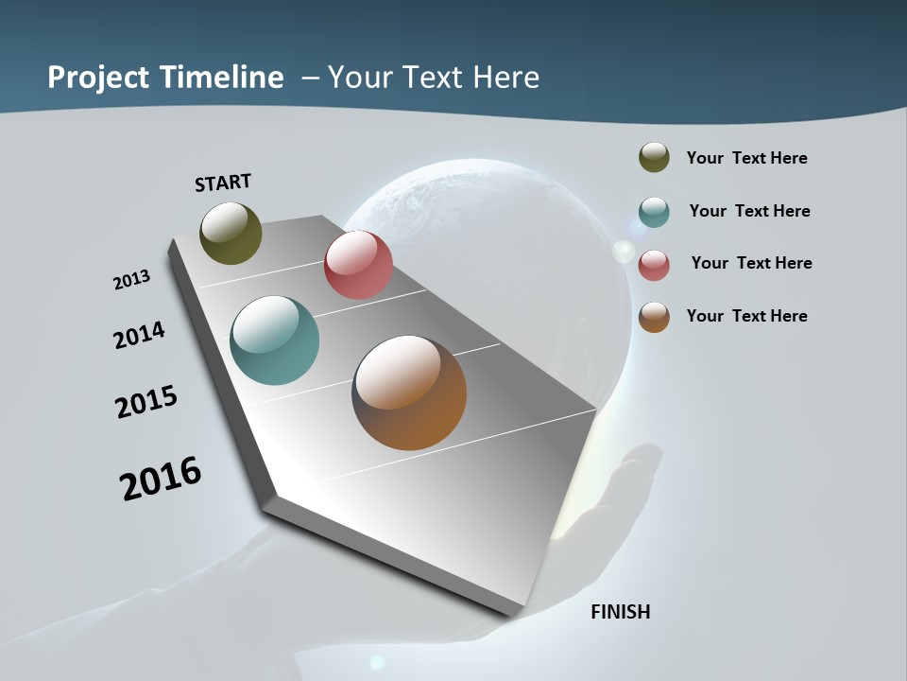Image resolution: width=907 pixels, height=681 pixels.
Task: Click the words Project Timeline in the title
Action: tap(165, 78)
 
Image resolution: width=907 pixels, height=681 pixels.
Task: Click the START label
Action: tap(223, 183)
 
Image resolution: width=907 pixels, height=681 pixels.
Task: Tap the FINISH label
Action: tap(621, 612)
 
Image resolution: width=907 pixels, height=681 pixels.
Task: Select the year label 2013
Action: tap(131, 280)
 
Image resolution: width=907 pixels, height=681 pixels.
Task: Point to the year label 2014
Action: tap(139, 335)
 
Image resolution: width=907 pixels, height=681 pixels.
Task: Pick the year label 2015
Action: tap(146, 402)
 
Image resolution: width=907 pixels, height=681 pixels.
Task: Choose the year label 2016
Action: tap(161, 479)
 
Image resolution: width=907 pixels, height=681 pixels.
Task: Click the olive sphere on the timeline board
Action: tap(231, 233)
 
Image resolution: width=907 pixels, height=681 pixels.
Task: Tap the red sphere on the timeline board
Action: tap(358, 265)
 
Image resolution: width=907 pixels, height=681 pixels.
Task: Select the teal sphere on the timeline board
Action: tap(275, 340)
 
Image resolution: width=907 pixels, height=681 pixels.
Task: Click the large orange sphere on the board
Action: tap(409, 393)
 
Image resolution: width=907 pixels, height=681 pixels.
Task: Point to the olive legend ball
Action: tap(654, 158)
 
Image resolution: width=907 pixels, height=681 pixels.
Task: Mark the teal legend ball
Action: tap(654, 212)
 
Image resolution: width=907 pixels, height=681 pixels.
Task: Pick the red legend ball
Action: tap(654, 265)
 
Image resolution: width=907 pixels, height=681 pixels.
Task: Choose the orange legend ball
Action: tap(654, 317)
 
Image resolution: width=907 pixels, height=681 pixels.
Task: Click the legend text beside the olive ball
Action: tap(746, 158)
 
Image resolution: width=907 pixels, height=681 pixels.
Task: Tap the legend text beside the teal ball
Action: tap(749, 211)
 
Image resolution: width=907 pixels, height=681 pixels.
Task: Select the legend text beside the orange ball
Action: tap(746, 316)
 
